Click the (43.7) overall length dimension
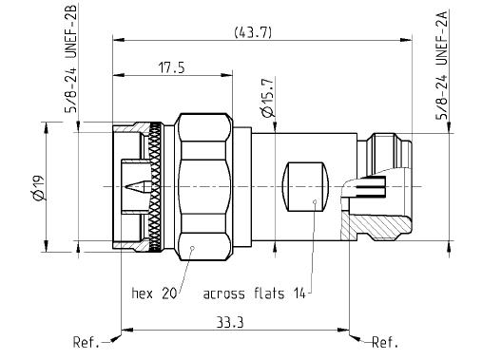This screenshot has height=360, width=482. (253, 32)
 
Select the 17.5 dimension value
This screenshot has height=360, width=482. (171, 67)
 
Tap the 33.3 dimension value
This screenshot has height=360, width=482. (230, 323)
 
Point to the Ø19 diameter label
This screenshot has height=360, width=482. (39, 187)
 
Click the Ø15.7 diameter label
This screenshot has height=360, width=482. (268, 98)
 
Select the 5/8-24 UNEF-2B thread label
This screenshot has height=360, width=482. (70, 59)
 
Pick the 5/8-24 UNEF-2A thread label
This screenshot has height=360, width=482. (442, 66)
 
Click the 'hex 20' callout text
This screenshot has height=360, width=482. (154, 294)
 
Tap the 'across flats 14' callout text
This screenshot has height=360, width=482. (254, 294)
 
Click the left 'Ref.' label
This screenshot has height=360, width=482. (86, 342)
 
